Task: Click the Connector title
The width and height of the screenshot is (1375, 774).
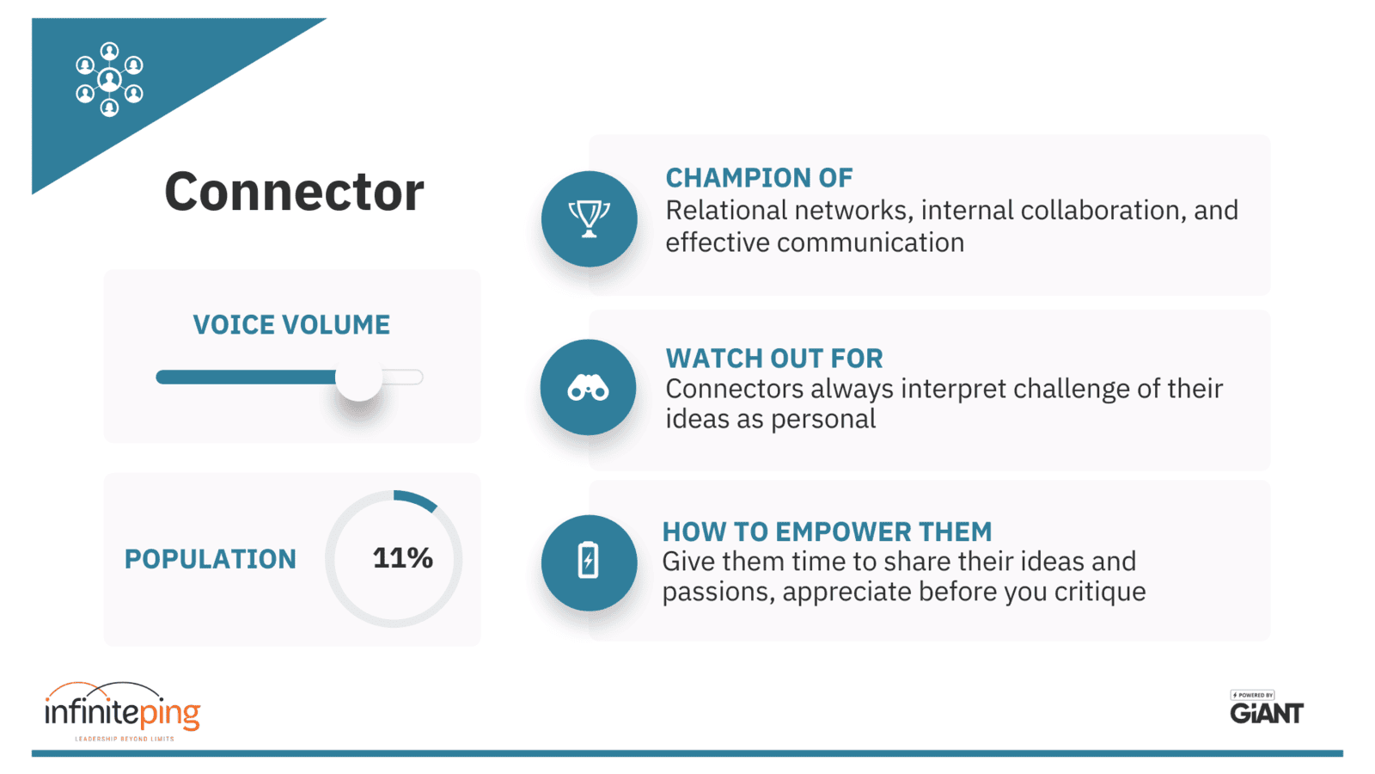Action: tap(294, 192)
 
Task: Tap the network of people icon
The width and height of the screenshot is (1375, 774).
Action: tap(109, 79)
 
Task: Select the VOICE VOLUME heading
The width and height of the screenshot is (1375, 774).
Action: tap(291, 324)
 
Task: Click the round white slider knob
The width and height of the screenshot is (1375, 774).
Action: tap(358, 378)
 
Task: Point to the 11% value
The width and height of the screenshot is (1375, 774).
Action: tap(403, 558)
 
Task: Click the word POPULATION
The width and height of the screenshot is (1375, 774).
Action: tap(211, 559)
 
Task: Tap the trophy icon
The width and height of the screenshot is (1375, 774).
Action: tap(589, 218)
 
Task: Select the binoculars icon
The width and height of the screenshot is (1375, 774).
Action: tap(588, 388)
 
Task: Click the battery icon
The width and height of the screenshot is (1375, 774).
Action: tap(588, 560)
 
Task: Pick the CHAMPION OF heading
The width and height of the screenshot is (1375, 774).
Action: tap(760, 177)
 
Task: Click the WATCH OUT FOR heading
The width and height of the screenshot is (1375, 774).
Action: tap(774, 358)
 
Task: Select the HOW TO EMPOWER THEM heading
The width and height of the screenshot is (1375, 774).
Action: tap(827, 531)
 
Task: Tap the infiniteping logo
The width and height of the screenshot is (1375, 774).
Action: tap(123, 711)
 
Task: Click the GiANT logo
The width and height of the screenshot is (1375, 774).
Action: tap(1267, 708)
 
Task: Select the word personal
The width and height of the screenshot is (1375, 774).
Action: tap(823, 420)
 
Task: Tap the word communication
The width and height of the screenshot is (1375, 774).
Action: tap(871, 242)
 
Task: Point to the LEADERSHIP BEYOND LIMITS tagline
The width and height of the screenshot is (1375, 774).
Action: tap(125, 739)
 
